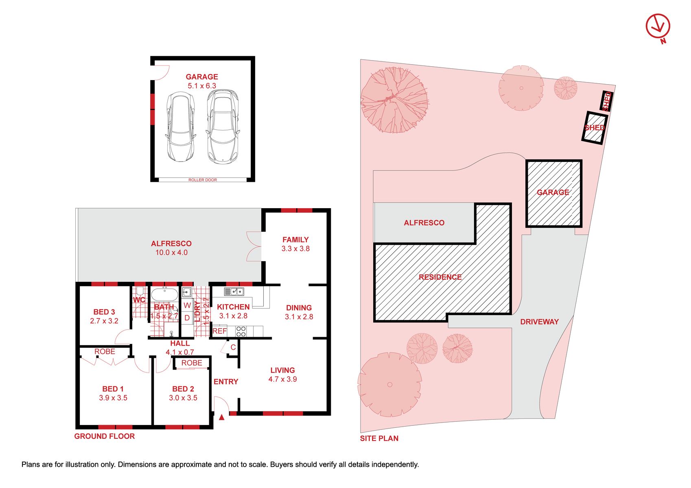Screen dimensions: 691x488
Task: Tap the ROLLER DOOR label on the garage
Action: click(x=203, y=180)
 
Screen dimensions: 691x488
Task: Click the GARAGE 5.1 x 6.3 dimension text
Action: click(x=202, y=86)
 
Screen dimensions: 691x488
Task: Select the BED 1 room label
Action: click(x=113, y=389)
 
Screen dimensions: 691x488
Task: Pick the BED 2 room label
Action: click(x=183, y=389)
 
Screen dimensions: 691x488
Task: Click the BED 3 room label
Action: click(x=104, y=312)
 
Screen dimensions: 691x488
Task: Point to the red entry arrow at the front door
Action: click(x=221, y=417)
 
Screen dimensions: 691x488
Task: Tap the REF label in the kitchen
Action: click(x=220, y=331)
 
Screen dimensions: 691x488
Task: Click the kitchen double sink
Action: click(x=234, y=291)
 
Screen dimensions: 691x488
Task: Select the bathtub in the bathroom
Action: click(x=165, y=294)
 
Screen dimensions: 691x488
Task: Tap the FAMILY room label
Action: click(x=295, y=240)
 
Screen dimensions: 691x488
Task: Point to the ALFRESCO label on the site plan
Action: click(x=424, y=223)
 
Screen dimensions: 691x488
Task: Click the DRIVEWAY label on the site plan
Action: click(x=540, y=322)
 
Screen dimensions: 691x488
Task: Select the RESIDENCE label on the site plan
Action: click(x=440, y=277)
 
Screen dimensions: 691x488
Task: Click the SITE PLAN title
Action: click(x=379, y=438)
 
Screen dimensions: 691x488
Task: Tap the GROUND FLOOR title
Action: click(x=105, y=436)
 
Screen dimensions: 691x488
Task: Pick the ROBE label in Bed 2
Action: click(x=192, y=363)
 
